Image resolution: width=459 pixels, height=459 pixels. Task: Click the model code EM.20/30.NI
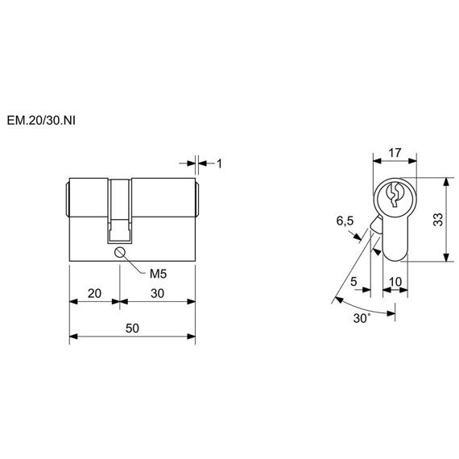pyautogui.click(x=41, y=121)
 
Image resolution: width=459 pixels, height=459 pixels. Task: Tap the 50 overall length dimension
pyautogui.click(x=132, y=329)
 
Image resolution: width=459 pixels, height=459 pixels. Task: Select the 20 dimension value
pyautogui.click(x=94, y=293)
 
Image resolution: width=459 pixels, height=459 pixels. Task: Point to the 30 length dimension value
pyautogui.click(x=158, y=293)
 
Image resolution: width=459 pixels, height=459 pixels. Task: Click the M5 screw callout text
pyautogui.click(x=158, y=274)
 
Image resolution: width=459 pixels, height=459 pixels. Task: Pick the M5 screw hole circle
pyautogui.click(x=120, y=252)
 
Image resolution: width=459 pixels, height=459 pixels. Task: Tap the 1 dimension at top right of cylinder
pyautogui.click(x=219, y=163)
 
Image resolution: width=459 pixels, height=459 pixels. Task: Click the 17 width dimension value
pyautogui.click(x=395, y=153)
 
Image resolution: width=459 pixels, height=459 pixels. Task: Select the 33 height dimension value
pyautogui.click(x=438, y=220)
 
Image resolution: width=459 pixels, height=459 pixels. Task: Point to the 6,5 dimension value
pyautogui.click(x=345, y=221)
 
